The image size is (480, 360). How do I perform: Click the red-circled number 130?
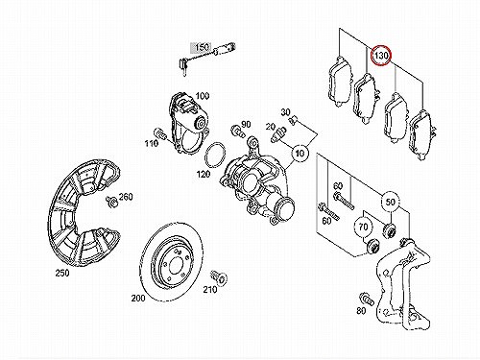click(x=380, y=56)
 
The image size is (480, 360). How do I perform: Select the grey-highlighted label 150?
click(x=202, y=48)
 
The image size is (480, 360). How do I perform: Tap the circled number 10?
click(x=300, y=154)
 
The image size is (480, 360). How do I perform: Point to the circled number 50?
click(x=390, y=203)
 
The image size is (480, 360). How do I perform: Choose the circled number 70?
click(x=363, y=227)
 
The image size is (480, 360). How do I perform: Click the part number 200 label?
click(x=138, y=299)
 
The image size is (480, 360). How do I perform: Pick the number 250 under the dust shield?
click(x=62, y=273)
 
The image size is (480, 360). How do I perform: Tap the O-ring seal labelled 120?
click(x=214, y=156)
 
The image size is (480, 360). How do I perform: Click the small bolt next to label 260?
click(x=111, y=202)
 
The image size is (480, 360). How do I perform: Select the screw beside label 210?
click(x=219, y=276)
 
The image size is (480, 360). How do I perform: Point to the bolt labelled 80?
click(x=367, y=299)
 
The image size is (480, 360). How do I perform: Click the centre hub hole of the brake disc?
click(x=175, y=265)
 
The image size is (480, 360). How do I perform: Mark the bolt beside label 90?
click(x=237, y=131)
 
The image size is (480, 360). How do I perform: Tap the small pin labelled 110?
click(x=159, y=134)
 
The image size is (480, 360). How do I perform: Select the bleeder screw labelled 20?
click(x=278, y=134)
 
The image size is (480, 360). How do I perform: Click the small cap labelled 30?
click(x=293, y=121)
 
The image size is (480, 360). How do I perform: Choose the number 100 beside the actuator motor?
click(x=203, y=95)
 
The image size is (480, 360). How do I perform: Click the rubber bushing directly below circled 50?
click(x=390, y=230)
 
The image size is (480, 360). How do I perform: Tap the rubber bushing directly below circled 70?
click(x=372, y=246)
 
